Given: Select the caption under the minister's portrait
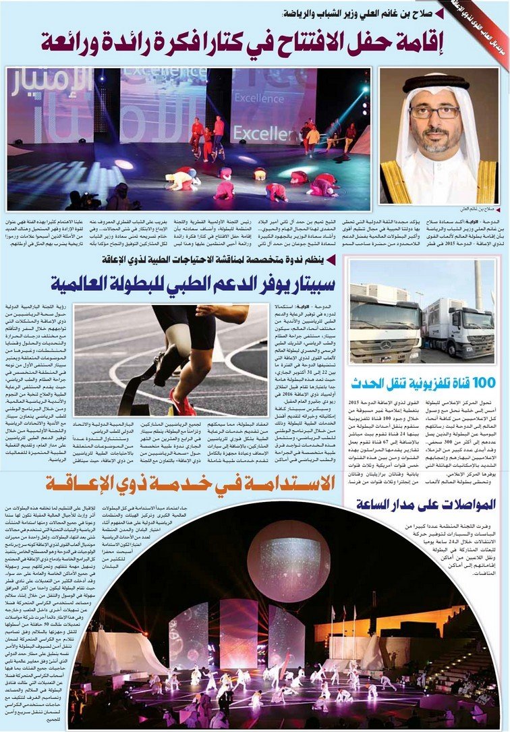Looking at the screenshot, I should [x=476, y=208].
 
